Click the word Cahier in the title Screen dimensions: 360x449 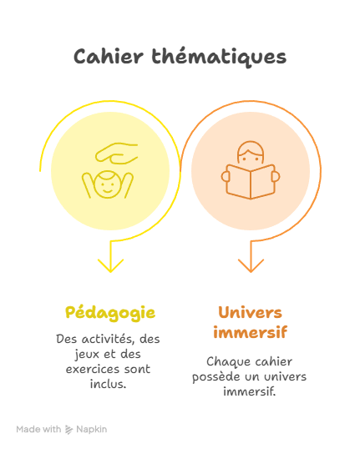109,57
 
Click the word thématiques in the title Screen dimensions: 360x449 219,58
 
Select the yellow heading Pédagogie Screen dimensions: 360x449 110,313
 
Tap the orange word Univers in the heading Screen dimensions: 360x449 251,312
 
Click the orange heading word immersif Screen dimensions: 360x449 251,332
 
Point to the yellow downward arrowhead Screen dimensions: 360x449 110,265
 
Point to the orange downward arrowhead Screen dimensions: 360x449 251,265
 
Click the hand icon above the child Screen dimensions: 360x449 117,154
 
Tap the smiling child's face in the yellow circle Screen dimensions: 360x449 108,184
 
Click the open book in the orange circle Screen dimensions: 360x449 251,182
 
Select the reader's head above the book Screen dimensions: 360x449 251,154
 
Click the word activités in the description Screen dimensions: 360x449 108,339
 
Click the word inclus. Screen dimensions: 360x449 108,384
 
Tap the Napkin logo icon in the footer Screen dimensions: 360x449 68,430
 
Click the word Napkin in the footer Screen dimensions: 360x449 92,430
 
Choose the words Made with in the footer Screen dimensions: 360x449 38,429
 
